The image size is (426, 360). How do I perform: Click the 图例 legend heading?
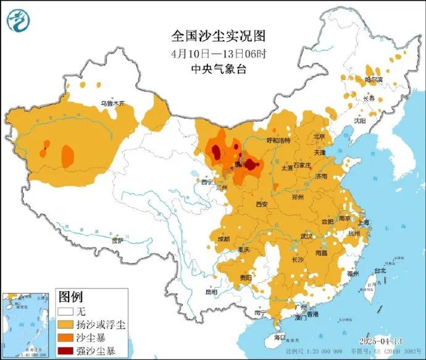coord(70,298)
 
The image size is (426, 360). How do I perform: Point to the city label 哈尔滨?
coord(374,80)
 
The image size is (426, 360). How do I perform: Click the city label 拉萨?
coord(117,240)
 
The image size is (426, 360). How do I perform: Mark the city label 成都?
coord(223,239)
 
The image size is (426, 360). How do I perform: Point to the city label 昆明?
coord(211,291)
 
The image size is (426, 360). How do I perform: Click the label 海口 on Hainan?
coord(279,337)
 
